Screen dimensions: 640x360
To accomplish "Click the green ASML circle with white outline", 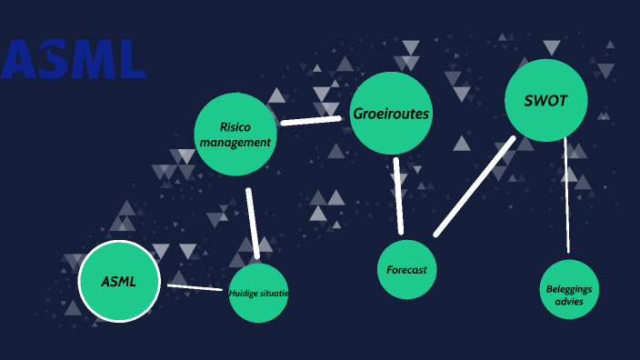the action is click(119, 281).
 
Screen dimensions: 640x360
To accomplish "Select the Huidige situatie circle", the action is click(258, 293).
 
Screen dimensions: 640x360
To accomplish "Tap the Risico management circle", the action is click(235, 134).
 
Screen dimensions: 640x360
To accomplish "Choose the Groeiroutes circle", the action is click(391, 114).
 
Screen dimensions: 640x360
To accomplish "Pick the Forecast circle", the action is click(407, 269).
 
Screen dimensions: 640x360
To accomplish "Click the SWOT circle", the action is click(545, 100).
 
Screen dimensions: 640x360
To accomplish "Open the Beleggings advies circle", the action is click(570, 289).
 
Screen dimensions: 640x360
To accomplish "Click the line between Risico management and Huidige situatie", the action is click(254, 224).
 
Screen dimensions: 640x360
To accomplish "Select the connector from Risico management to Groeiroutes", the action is click(310, 119).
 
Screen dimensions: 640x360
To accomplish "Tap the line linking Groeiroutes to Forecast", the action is click(398, 196).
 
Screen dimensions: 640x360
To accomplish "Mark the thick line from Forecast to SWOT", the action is click(475, 186).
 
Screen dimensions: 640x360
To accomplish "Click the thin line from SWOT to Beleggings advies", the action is click(566, 195).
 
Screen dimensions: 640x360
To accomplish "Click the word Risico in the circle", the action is click(235, 126).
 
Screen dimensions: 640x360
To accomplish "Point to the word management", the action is click(235, 142).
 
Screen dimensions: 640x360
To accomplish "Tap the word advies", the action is click(570, 300).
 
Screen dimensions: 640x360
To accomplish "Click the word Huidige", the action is click(243, 293).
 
